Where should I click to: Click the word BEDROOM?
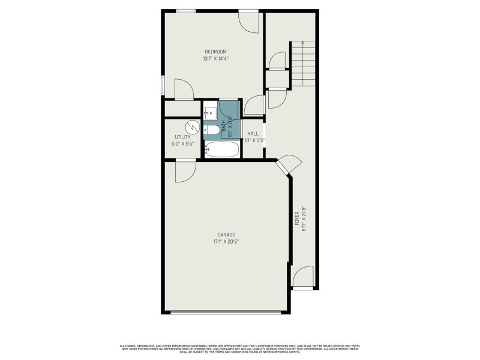pyautogui.click(x=215, y=52)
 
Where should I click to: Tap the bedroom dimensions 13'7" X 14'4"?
pyautogui.click(x=215, y=59)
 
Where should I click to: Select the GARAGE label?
pyautogui.click(x=226, y=235)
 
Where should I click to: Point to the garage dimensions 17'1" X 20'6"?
pyautogui.click(x=226, y=242)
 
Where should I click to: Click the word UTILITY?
pyautogui.click(x=182, y=137)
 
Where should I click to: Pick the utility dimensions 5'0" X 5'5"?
pyautogui.click(x=182, y=144)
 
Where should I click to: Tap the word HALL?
pyautogui.click(x=253, y=134)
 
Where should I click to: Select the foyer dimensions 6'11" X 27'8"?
pyautogui.click(x=304, y=218)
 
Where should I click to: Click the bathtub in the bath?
pyautogui.click(x=222, y=149)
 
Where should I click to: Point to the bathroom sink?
pyautogui.click(x=211, y=112)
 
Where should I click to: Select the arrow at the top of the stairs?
pyautogui.click(x=304, y=43)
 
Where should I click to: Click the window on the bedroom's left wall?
pyautogui.click(x=163, y=85)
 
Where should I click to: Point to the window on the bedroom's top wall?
pyautogui.click(x=185, y=10)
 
